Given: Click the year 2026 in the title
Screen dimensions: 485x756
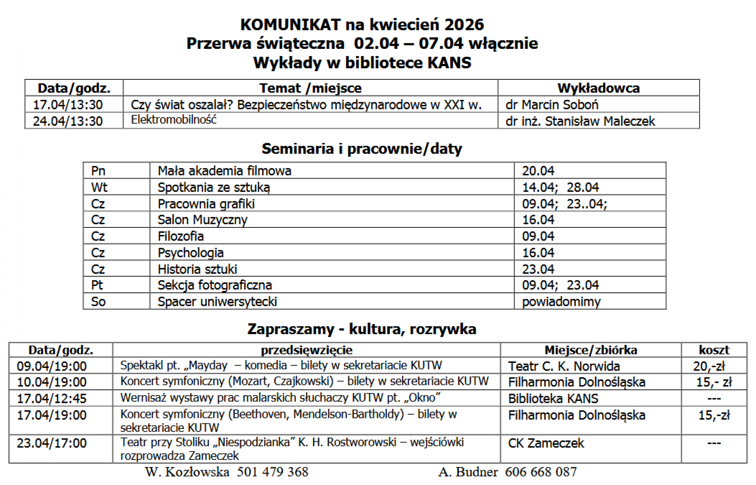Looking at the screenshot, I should (x=464, y=25).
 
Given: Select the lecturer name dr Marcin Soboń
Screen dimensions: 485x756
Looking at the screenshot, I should (x=552, y=105).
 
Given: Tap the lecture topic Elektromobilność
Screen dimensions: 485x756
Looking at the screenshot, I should (x=174, y=120).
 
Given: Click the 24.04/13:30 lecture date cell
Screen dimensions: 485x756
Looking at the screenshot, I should (x=68, y=121).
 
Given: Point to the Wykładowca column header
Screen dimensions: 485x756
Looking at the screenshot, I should (x=598, y=88).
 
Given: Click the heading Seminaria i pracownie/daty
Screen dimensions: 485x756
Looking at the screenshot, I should (x=362, y=149).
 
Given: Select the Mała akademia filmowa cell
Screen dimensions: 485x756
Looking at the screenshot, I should (x=224, y=171).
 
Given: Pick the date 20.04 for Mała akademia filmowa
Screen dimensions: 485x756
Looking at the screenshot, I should (x=538, y=171).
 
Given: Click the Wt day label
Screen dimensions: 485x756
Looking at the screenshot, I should (x=99, y=187).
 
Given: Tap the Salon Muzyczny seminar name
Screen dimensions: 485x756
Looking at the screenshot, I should (x=202, y=220).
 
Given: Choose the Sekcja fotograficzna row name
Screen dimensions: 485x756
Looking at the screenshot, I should (x=215, y=285).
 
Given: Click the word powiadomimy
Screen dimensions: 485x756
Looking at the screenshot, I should (x=561, y=302).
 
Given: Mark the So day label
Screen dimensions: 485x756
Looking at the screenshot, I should (x=98, y=302).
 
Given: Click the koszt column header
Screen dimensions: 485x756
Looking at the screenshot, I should (x=714, y=350).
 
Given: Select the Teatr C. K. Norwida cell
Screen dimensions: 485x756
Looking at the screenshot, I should (x=564, y=366).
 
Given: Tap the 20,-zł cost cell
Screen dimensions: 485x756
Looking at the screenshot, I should (x=709, y=366).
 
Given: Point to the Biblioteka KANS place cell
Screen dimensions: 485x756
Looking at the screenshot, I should (x=553, y=398).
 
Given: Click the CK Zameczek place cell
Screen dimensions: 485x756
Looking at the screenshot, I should (x=546, y=443).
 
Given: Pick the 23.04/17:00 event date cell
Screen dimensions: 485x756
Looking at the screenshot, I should (x=52, y=443).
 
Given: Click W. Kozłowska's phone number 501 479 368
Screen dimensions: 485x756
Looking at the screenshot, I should (x=273, y=472).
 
